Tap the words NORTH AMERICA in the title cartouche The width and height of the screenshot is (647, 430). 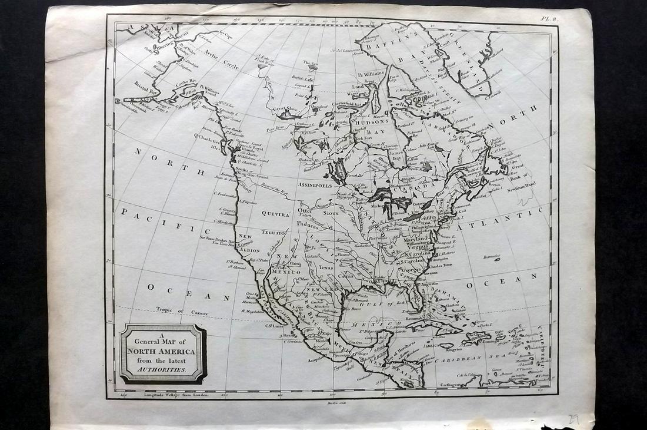tap(162, 353)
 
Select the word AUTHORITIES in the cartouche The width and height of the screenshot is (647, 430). tap(162, 372)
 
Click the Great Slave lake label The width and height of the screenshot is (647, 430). tap(285, 108)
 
